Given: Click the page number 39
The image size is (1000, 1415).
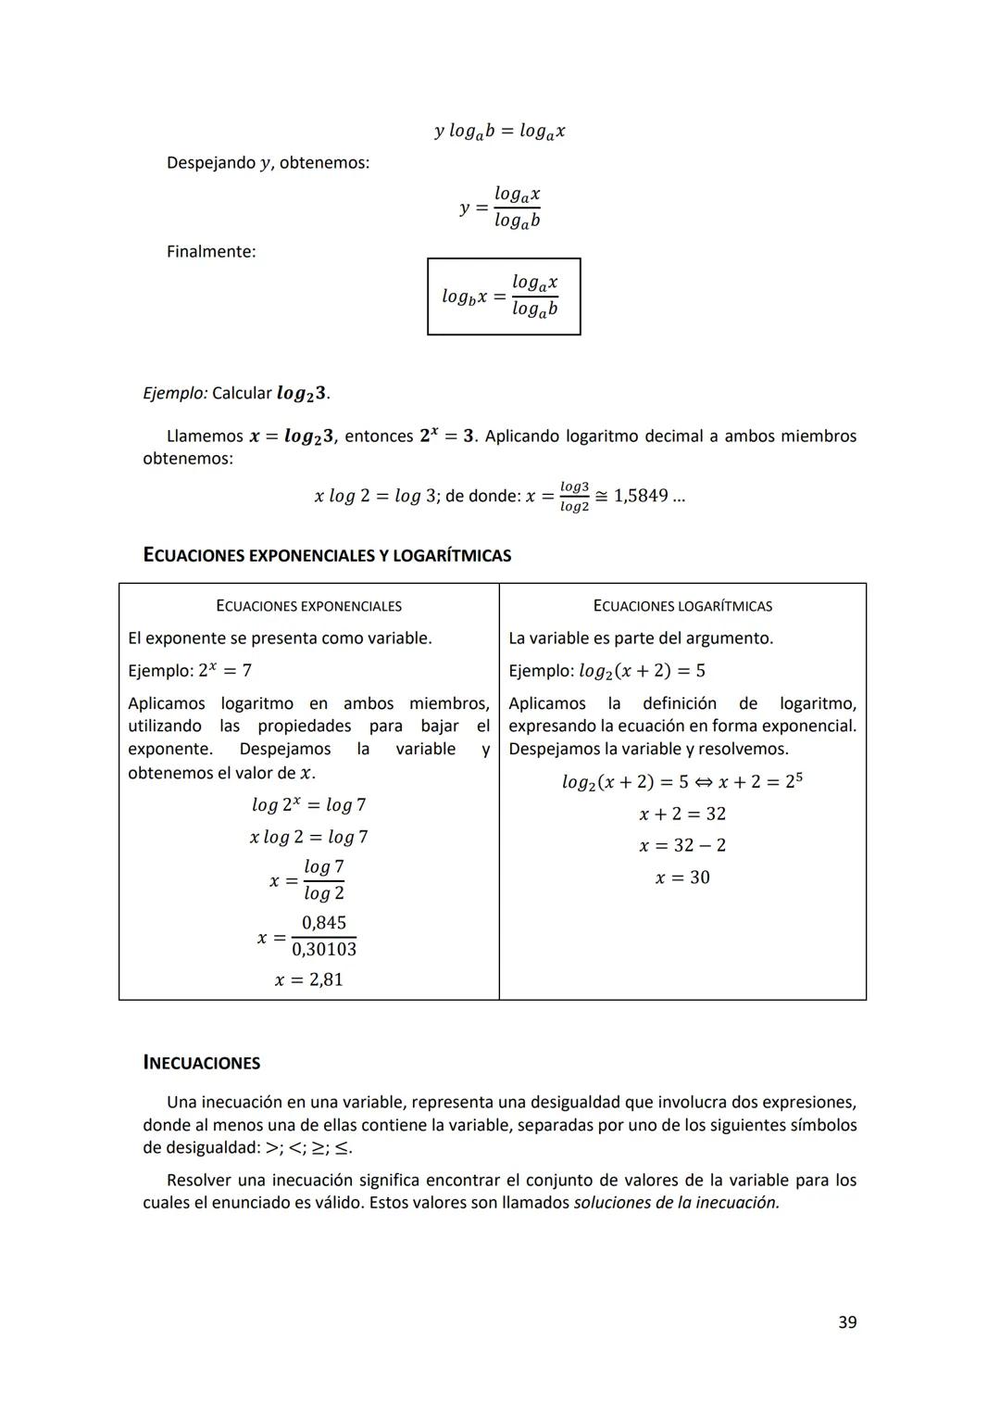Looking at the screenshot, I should [x=846, y=1322].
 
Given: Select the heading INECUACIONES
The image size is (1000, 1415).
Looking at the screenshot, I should [x=201, y=1063].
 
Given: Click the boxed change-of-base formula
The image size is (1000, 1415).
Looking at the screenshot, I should [x=503, y=297].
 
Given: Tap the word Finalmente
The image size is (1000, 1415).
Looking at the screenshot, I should [x=210, y=251].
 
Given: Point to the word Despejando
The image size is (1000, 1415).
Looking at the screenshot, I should [x=210, y=163].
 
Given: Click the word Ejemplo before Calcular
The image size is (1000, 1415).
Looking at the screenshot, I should [x=175, y=393].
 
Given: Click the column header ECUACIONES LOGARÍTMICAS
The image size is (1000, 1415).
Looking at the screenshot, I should [x=682, y=606].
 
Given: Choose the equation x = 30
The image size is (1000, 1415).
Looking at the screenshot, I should [x=682, y=878].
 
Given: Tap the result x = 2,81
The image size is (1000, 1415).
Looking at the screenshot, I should [x=308, y=979].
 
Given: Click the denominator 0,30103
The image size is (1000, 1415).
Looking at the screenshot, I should [x=323, y=950].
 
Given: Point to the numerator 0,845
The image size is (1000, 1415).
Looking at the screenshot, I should [x=323, y=923].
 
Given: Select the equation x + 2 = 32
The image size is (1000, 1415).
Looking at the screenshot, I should [x=682, y=814].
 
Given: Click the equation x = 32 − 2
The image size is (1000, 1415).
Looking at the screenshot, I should [x=682, y=845].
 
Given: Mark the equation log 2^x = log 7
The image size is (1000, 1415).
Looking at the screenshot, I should [x=308, y=804].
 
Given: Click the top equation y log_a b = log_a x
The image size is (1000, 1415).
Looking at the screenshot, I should [x=500, y=132].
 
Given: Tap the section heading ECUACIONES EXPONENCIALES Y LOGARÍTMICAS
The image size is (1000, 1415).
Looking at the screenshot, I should [x=327, y=556].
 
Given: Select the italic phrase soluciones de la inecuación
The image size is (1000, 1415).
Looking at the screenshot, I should [x=676, y=1203].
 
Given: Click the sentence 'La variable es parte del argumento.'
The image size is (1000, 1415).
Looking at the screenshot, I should [x=641, y=638].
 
